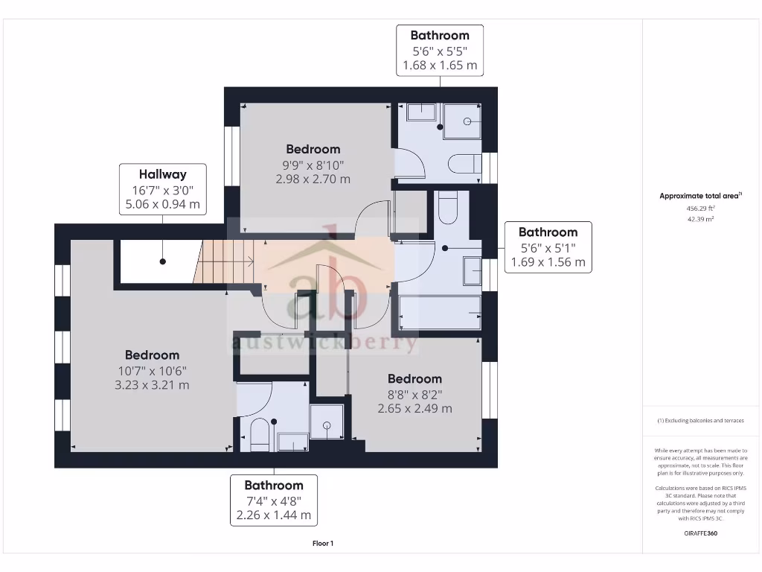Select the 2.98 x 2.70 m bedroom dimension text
tap(313, 179)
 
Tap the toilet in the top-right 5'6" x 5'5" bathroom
tap(465, 163)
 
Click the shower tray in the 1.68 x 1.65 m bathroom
tap(462, 121)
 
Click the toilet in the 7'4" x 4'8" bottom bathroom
tap(258, 436)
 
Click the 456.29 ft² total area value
tap(700, 209)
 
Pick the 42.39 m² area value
tap(700, 220)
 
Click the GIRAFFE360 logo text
tap(700, 533)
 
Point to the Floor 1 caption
tap(323, 544)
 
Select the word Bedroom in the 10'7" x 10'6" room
tap(152, 355)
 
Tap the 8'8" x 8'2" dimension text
tap(414, 394)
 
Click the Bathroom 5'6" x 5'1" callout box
tap(548, 247)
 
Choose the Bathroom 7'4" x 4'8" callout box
tap(274, 500)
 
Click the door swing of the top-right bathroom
tap(410, 164)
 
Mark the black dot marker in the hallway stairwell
tap(162, 261)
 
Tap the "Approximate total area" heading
tap(700, 196)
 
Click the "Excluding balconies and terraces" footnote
tap(700, 421)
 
